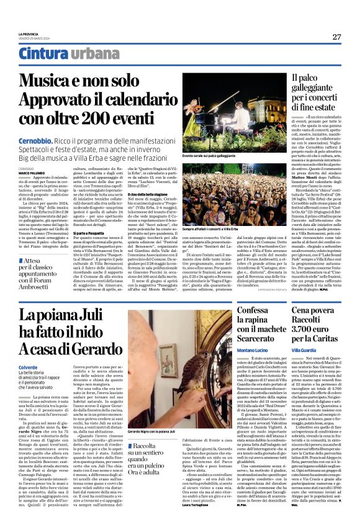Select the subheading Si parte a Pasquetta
click(x=89, y=215)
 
